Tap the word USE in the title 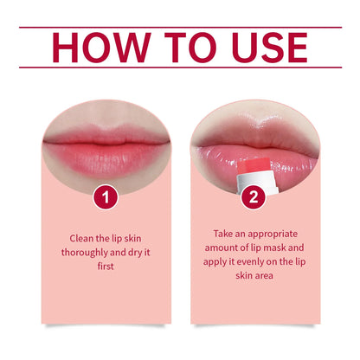coord(260,48)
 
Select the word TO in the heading coord(177,48)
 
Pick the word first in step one coord(105,266)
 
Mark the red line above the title coord(180,27)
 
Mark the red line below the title coord(180,68)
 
